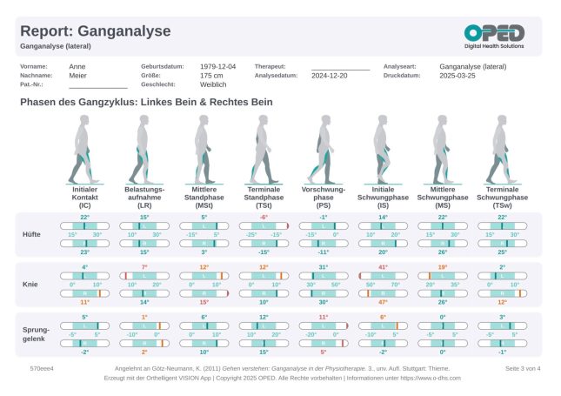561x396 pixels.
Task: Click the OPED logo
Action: (x=493, y=36)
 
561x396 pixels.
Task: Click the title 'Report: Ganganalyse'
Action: (x=95, y=31)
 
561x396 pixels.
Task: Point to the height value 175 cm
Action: (x=211, y=76)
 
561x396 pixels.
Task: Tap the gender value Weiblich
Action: (x=213, y=85)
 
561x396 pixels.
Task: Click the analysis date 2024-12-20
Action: (x=331, y=76)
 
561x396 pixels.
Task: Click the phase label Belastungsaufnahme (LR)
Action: (x=144, y=198)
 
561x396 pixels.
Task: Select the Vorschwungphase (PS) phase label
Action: (x=323, y=198)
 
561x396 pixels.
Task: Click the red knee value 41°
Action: (x=383, y=266)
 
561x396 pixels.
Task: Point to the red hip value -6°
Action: (x=264, y=218)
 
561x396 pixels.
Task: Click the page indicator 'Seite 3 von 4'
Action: (x=523, y=369)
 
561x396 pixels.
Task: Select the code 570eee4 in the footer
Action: (x=42, y=369)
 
